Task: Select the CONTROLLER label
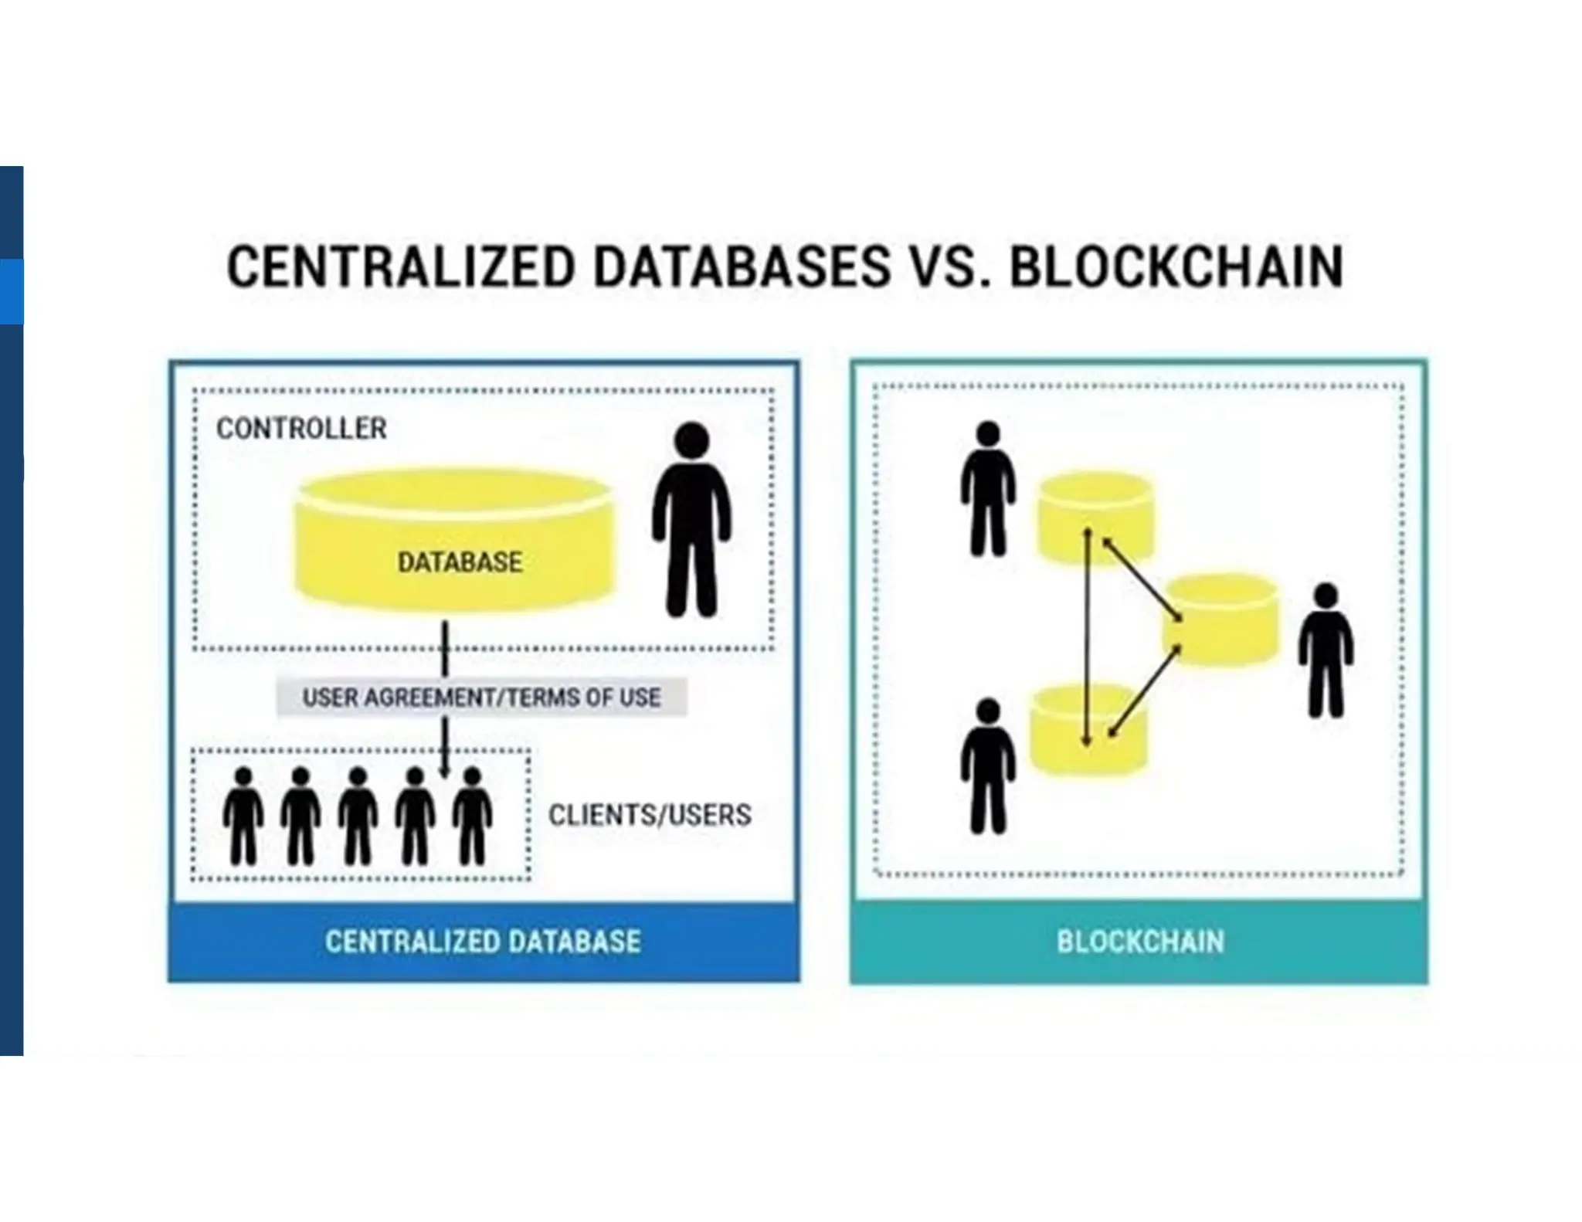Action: pyautogui.click(x=301, y=429)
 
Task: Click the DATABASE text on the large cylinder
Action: pyautogui.click(x=460, y=562)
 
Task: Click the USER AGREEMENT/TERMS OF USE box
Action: pyautogui.click(x=481, y=698)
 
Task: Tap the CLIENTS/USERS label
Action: pyautogui.click(x=649, y=815)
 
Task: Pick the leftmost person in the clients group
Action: pyautogui.click(x=243, y=816)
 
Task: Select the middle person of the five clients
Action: pyautogui.click(x=358, y=816)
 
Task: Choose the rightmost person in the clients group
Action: pyautogui.click(x=472, y=816)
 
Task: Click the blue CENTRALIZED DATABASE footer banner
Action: pyautogui.click(x=484, y=942)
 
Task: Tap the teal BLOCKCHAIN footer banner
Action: pyautogui.click(x=1139, y=942)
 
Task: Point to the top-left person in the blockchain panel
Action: pyautogui.click(x=988, y=488)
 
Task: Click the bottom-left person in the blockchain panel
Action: pyautogui.click(x=988, y=765)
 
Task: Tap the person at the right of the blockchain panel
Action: pyautogui.click(x=1326, y=650)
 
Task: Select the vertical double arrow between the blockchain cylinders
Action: pyautogui.click(x=1087, y=637)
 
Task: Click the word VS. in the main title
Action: pyautogui.click(x=949, y=266)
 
